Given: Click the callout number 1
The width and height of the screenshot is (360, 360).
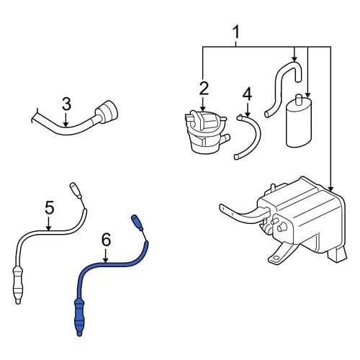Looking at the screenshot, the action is click(236, 32).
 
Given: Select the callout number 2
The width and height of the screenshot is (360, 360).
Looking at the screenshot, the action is click(204, 88).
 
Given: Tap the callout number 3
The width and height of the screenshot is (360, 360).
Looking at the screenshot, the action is click(66, 104).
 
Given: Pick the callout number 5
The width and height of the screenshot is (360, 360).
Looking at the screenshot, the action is click(50, 207).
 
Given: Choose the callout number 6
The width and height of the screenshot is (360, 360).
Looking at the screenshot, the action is click(106, 240).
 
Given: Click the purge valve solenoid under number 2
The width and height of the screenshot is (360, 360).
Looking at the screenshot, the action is click(207, 132).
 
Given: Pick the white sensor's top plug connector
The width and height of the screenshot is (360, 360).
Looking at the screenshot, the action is click(76, 191).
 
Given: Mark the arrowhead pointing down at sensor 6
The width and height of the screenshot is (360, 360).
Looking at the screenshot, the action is click(106, 259).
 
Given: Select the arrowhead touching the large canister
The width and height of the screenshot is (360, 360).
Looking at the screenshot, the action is click(330, 189).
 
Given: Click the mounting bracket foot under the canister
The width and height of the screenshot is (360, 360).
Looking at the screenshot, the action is click(279, 254).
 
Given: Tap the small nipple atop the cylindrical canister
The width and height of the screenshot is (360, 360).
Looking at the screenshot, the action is click(299, 99).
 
